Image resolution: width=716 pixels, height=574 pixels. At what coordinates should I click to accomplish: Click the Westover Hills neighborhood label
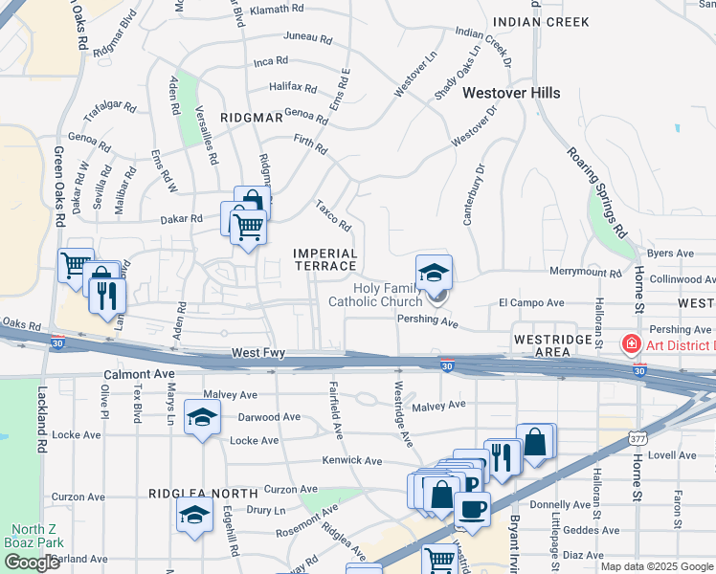pyautogui.click(x=511, y=93)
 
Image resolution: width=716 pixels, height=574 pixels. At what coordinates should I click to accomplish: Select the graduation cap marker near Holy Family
pyautogui.click(x=434, y=272)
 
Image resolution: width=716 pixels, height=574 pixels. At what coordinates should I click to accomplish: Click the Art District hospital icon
pyautogui.click(x=631, y=344)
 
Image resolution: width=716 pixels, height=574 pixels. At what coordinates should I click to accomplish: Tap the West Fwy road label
pyautogui.click(x=258, y=354)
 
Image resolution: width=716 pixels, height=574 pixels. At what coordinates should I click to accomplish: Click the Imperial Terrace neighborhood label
pyautogui.click(x=324, y=259)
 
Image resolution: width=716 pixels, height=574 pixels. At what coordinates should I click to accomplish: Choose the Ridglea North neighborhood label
pyautogui.click(x=191, y=494)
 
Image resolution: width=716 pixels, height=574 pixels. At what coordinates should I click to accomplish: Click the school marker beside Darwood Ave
pyautogui.click(x=201, y=418)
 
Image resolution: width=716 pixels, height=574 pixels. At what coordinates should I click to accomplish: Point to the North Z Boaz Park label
pyautogui.click(x=38, y=537)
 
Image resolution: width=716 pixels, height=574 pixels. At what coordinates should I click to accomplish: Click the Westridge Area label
pyautogui.click(x=555, y=345)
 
